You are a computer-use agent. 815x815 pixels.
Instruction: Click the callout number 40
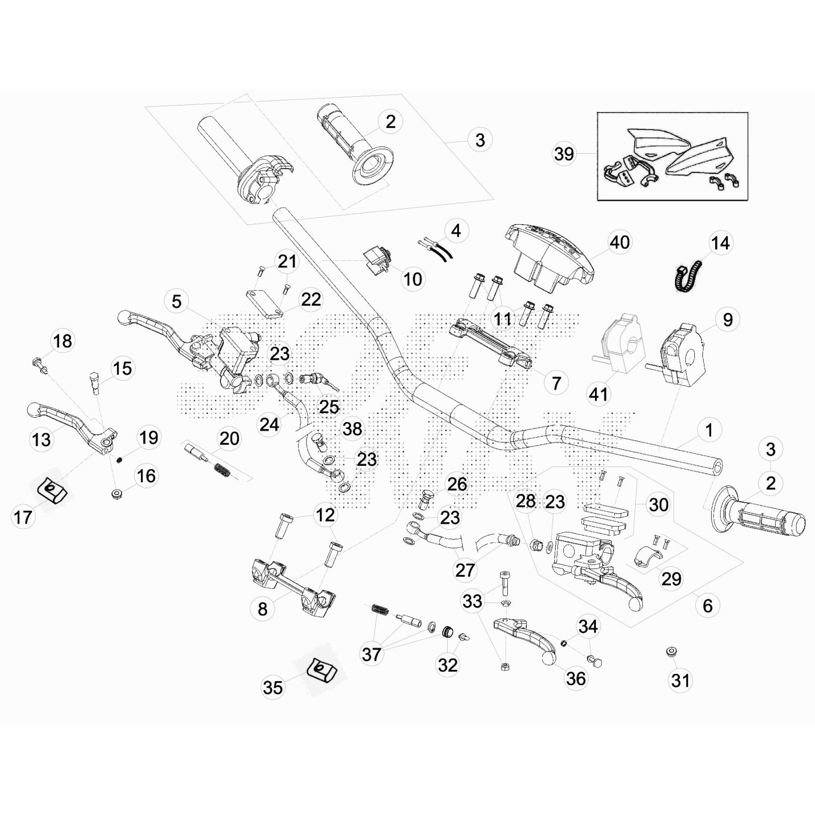click(x=619, y=242)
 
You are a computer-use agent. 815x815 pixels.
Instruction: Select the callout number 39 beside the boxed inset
click(x=564, y=154)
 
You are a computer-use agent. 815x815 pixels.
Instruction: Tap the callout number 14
click(x=720, y=243)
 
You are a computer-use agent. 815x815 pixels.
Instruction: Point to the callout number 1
click(x=709, y=430)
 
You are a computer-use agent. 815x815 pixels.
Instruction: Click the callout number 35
click(x=273, y=688)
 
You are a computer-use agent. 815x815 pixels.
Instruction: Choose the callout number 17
click(x=23, y=518)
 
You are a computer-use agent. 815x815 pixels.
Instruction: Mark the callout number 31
click(x=681, y=681)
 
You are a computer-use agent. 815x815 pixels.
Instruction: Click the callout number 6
click(x=708, y=606)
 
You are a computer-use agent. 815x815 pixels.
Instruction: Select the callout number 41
click(x=599, y=394)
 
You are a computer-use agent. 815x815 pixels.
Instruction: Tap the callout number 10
click(x=413, y=279)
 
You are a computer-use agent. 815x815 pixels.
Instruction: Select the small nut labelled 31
click(x=671, y=651)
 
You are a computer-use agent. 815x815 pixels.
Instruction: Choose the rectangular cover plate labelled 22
click(x=265, y=304)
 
